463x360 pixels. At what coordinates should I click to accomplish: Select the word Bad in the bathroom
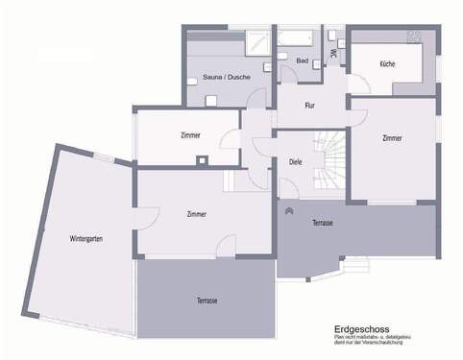[302, 60]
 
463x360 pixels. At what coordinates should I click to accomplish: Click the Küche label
[387, 63]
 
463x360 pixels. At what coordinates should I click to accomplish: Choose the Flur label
[310, 106]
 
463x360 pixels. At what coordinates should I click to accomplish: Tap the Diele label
[295, 162]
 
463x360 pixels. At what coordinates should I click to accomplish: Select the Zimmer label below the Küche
[391, 138]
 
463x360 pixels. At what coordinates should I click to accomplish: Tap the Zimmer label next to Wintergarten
[197, 214]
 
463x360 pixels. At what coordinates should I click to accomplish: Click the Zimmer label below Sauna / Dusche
[190, 135]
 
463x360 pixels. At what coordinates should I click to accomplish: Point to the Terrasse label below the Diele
[323, 223]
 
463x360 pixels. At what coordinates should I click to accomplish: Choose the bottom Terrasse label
[207, 300]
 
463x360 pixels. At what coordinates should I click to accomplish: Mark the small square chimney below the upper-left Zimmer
[202, 160]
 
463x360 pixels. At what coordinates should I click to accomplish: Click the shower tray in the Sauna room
[256, 41]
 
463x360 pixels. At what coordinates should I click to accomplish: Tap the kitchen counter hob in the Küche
[415, 36]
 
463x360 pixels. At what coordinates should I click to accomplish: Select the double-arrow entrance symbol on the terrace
[289, 208]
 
